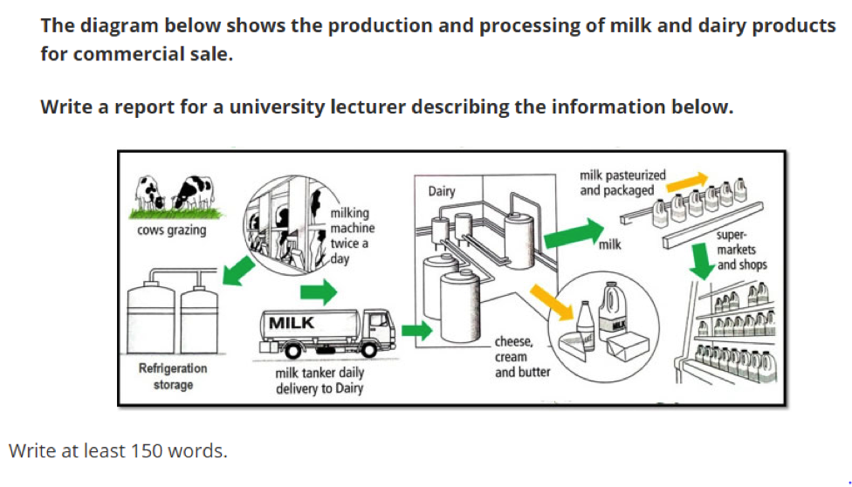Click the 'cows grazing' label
pyautogui.click(x=171, y=230)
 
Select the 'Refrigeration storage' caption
pyautogui.click(x=173, y=376)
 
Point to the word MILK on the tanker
pyautogui.click(x=292, y=323)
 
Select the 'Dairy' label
pyautogui.click(x=441, y=190)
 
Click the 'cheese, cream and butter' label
pyautogui.click(x=522, y=356)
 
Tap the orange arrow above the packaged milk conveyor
pyautogui.click(x=693, y=180)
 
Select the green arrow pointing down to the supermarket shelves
pyautogui.click(x=700, y=259)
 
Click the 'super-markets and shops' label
pyautogui.click(x=739, y=250)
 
